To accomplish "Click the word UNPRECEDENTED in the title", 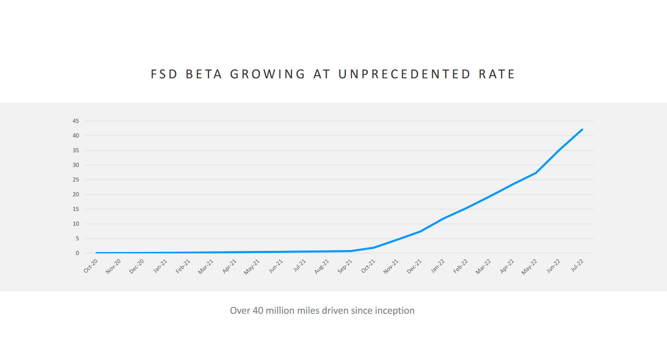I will pos(404,74).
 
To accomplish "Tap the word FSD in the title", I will pos(164,74).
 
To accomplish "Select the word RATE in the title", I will pos(497,74).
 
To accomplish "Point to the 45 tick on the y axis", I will pos(76,121).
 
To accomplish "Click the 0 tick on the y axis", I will pos(77,253).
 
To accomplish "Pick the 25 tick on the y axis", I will pos(76,180).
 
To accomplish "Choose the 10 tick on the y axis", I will pos(76,224).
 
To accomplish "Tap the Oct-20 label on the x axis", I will pos(91,266).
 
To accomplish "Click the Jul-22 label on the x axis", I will pos(577,265).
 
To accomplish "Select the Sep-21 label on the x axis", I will pos(345,267).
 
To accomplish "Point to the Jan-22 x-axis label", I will pos(438,266).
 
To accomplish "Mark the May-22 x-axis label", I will pos(529,267).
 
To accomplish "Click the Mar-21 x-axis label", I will pos(206,267).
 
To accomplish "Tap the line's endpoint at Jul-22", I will pos(582,129).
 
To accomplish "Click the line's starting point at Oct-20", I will pos(96,253).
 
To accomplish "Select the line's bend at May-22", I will pos(536,173).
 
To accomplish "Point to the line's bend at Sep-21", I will pos(351,251).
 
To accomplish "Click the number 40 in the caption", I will pos(258,311).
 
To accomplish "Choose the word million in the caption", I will pos(280,311).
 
